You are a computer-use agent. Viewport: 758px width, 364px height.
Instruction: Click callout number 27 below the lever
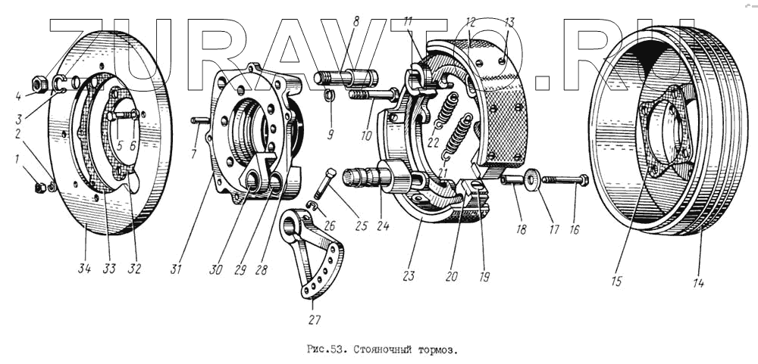coord(315,319)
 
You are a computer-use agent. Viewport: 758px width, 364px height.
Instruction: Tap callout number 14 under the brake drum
coord(698,283)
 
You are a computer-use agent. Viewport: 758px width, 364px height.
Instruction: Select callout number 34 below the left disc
coord(85,269)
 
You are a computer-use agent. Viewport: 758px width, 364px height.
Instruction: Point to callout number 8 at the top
coord(356,22)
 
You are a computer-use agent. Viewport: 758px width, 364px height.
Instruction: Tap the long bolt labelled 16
coord(565,181)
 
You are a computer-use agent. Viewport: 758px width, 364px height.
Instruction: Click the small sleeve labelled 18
coord(512,180)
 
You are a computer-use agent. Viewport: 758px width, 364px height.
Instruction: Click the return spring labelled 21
coord(457,137)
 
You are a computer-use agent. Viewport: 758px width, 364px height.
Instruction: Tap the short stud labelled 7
coord(199,120)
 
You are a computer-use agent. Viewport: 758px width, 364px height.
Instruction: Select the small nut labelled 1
coord(41,188)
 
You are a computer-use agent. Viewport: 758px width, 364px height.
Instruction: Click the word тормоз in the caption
coord(437,349)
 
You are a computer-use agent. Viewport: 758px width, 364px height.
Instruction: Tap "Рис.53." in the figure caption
coord(326,349)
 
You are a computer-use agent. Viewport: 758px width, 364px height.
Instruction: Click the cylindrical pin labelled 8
coord(346,78)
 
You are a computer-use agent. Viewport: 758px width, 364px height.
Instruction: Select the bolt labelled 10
coord(373,94)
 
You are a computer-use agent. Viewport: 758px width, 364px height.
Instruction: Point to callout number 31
coord(176,269)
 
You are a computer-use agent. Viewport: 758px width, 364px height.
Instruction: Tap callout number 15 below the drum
coord(616,281)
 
